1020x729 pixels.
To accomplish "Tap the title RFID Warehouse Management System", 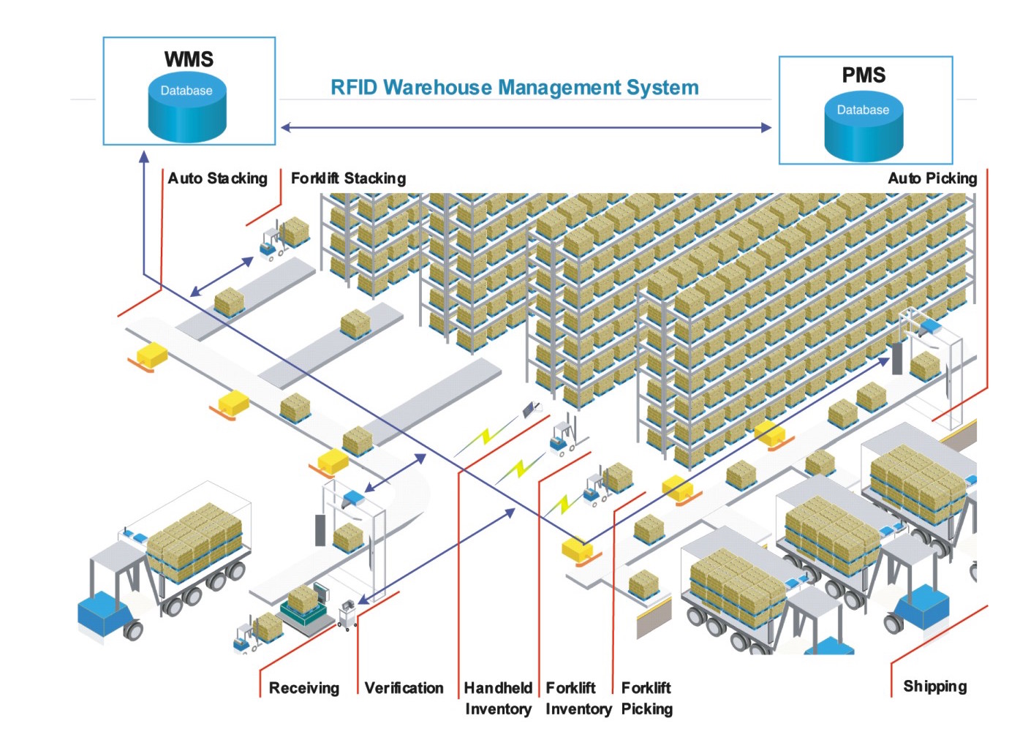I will click(515, 88).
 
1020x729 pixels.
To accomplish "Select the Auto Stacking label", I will click(217, 178).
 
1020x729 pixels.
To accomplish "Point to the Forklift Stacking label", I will click(348, 178).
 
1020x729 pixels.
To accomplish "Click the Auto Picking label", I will click(932, 178).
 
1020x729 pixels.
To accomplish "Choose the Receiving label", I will click(303, 688).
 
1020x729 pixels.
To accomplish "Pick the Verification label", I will click(404, 688).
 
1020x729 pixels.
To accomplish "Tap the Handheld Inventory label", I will click(499, 698).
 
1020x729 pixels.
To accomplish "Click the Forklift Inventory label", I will click(578, 698).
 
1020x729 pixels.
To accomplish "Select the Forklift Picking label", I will click(647, 698).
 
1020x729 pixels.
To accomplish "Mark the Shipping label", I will click(934, 686).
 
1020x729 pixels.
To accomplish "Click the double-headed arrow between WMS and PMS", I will click(526, 127).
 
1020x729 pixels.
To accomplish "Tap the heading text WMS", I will click(189, 59).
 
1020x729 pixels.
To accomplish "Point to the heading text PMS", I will click(864, 75).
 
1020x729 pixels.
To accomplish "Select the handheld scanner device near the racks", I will click(530, 409).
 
